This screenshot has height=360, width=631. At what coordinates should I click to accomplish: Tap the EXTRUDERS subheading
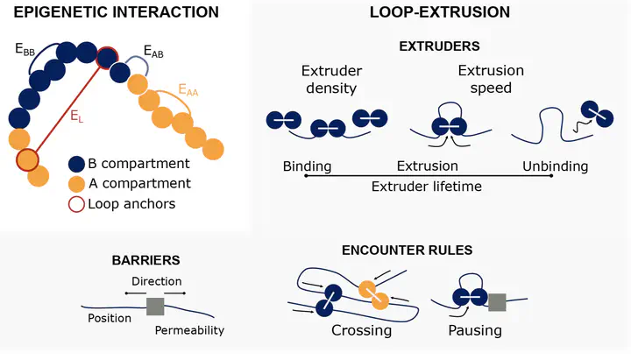pyautogui.click(x=437, y=46)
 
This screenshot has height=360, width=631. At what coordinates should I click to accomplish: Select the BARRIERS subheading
pyautogui.click(x=145, y=260)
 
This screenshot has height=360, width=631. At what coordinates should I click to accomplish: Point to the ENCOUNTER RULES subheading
pyautogui.click(x=408, y=251)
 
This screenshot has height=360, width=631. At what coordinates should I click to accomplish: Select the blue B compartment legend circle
pyautogui.click(x=77, y=164)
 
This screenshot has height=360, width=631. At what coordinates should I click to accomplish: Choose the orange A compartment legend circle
pyautogui.click(x=77, y=184)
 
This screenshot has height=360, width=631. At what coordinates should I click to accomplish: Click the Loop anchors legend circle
pyautogui.click(x=77, y=204)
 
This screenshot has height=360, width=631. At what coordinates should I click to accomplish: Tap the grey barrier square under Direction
pyautogui.click(x=156, y=306)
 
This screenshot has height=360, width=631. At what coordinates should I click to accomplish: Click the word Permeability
pyautogui.click(x=190, y=330)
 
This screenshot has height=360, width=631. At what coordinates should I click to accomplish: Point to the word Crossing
pyautogui.click(x=361, y=332)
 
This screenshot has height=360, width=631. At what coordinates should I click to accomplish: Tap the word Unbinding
pyautogui.click(x=556, y=166)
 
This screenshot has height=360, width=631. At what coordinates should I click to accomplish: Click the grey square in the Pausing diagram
pyautogui.click(x=498, y=302)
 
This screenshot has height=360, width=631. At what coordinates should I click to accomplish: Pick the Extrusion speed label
pyautogui.click(x=491, y=79)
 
